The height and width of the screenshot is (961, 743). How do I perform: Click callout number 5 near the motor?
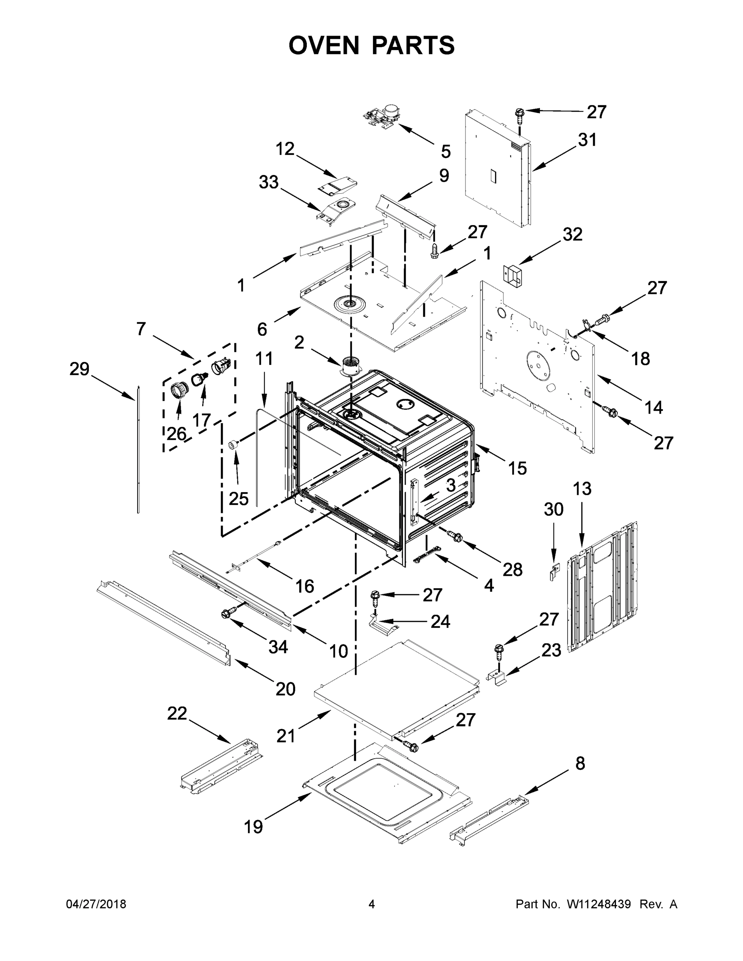445,151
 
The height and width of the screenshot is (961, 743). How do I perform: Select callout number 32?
572,235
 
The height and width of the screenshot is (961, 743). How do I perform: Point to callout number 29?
79,369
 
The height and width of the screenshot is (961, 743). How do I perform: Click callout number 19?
254,827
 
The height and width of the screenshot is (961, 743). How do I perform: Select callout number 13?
582,489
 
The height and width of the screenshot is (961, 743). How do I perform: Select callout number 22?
177,713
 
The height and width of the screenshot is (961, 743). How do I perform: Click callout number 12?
285,149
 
